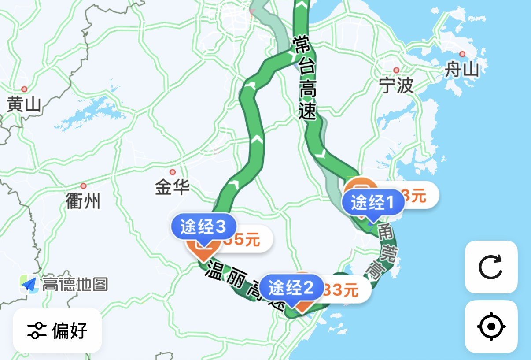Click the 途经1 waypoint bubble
[x=373, y=203]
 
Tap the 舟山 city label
[x=461, y=69]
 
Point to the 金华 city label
[x=172, y=187]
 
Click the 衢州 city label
[x=83, y=201]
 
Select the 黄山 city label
[x=24, y=104]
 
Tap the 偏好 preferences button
[x=57, y=330]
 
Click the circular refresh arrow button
[x=491, y=267]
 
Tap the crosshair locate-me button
[x=491, y=327]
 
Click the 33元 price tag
[x=341, y=290]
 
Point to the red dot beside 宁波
[x=396, y=70]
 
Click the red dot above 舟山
[x=462, y=54]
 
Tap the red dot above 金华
[x=173, y=172]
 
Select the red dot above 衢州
[x=83, y=186]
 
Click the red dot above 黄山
[x=24, y=89]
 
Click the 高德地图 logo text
[x=75, y=285]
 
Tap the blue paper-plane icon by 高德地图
[x=29, y=285]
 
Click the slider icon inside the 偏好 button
[x=37, y=330]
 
